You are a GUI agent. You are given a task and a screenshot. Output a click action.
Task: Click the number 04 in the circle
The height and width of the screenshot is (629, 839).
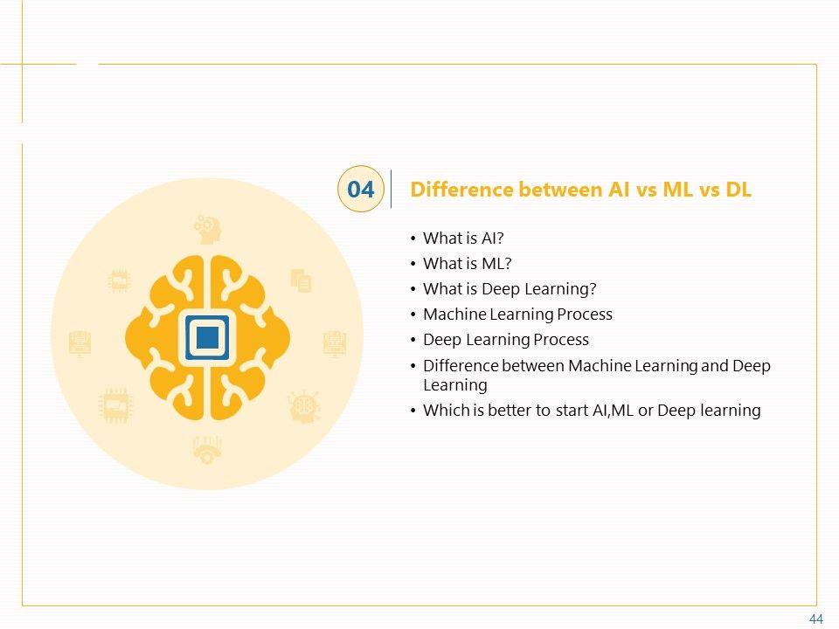pos(360,190)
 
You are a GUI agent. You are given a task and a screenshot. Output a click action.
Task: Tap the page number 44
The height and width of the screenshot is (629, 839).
pos(816,619)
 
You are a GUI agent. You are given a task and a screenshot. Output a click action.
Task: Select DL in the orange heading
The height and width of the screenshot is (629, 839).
pos(738,190)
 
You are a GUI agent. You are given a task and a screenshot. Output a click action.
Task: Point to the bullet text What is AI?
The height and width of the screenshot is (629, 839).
pos(464,238)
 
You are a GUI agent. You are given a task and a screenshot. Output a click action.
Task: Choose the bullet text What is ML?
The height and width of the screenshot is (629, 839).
pos(467,263)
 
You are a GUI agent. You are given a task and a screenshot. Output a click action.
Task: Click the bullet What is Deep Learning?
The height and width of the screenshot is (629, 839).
pos(510,288)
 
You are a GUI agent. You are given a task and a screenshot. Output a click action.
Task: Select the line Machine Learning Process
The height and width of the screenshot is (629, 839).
pos(517,314)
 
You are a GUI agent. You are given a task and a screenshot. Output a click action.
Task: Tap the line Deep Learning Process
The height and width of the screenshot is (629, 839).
pos(506,339)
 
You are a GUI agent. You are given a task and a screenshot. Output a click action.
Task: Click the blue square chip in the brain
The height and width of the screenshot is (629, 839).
pos(207,335)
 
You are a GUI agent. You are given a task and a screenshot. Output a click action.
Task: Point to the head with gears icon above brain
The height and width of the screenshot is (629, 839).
pos(208,229)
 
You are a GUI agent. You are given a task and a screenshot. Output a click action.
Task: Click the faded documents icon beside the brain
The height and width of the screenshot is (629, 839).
pos(302,280)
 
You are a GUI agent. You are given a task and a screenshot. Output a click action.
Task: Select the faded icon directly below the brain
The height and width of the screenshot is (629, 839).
pos(207,449)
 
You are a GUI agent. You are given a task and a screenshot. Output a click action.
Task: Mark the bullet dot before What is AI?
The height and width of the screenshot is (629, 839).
pos(413,238)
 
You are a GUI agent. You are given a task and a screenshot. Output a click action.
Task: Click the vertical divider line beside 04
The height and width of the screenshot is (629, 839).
pos(391,189)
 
